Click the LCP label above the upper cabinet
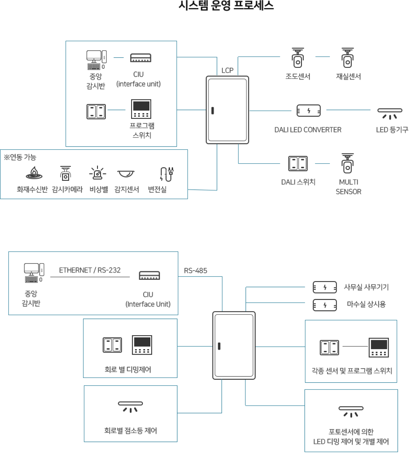[x=227, y=71]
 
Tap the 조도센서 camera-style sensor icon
[x=298, y=58]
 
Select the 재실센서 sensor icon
[x=347, y=58]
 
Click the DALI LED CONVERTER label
[x=308, y=130]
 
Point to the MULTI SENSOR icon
[x=347, y=164]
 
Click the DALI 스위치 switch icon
[x=298, y=164]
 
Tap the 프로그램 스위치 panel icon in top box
[x=141, y=109]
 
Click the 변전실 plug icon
[x=166, y=174]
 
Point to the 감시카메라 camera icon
[x=66, y=173]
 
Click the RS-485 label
[x=195, y=271]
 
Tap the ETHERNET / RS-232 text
[x=90, y=270]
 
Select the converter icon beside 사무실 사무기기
[x=325, y=287]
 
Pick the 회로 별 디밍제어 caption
[x=128, y=370]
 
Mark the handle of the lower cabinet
[x=219, y=346]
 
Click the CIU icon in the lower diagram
[x=149, y=275]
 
